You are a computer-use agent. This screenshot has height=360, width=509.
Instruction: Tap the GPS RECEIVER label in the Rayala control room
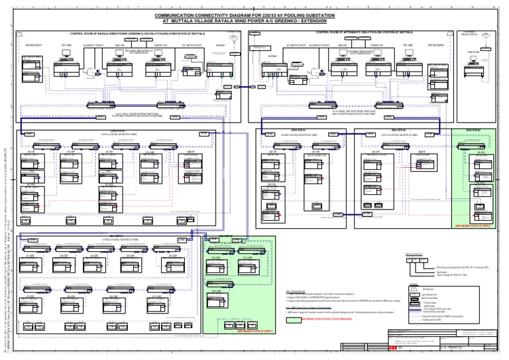point(32,45)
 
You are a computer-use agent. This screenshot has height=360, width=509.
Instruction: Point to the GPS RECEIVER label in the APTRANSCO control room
point(439,45)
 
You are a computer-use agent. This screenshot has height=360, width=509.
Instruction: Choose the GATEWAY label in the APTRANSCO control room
point(271,56)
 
